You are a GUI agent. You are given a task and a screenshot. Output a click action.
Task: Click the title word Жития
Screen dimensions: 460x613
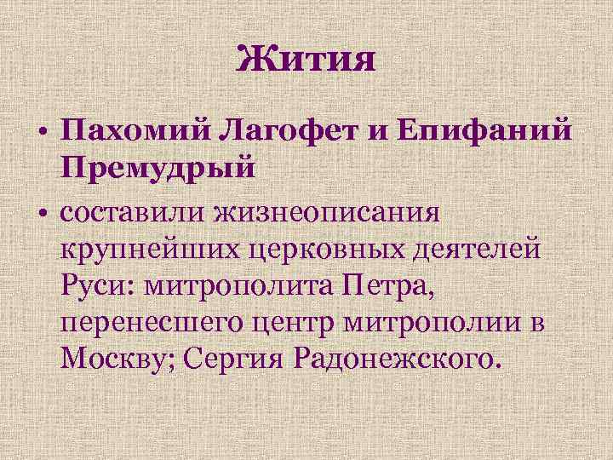click(x=306, y=60)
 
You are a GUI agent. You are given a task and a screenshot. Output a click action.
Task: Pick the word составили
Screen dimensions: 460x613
click(x=146, y=211)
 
